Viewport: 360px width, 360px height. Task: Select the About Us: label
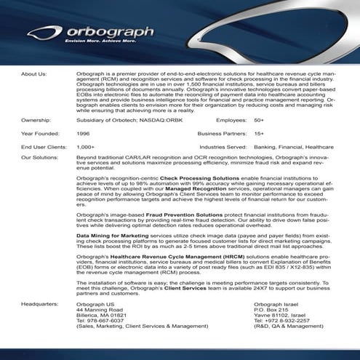[34, 74]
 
